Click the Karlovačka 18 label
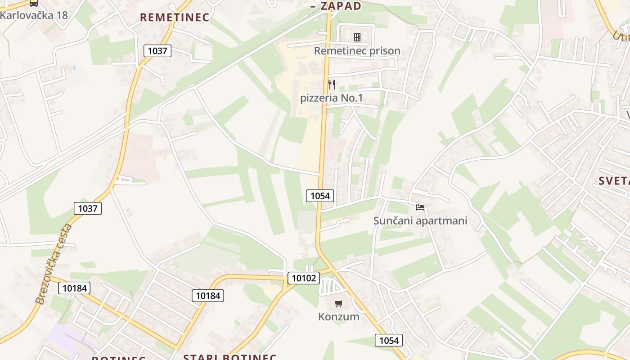(34, 15)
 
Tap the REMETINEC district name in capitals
(175, 18)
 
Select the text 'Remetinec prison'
(357, 51)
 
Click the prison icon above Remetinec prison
(357, 37)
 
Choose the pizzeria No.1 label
(331, 98)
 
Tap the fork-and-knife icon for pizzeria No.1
(332, 84)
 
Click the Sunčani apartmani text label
(420, 220)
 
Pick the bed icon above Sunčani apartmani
(420, 207)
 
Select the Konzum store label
(338, 316)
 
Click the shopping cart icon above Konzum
(338, 303)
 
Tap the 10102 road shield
(304, 278)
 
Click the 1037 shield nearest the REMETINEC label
(157, 51)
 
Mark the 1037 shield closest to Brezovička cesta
(88, 208)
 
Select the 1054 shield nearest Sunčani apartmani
(320, 196)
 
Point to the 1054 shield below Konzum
(389, 340)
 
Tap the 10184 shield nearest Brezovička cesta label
(74, 288)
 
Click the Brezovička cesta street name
(54, 264)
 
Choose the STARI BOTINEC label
(229, 357)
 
